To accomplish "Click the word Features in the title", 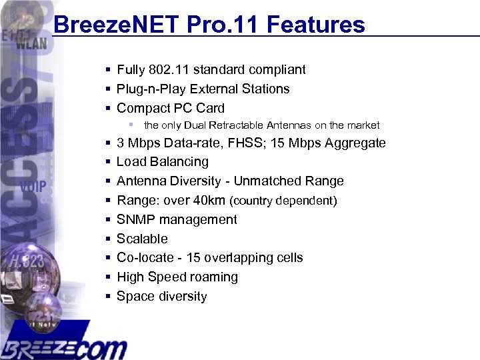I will tap(318, 25).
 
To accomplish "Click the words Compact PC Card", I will tap(170, 108).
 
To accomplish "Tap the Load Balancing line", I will tap(162, 162).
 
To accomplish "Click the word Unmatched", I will tap(269, 181).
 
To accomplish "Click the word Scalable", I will tap(142, 239).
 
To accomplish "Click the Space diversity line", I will tap(161, 296).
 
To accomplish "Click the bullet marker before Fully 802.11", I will tap(107, 69).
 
